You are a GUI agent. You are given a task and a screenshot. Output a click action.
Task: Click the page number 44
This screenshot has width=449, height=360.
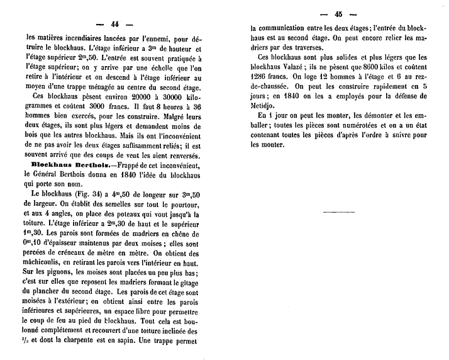(x=115, y=24)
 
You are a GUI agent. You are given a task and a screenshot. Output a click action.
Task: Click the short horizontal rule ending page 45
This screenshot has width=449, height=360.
(x=338, y=212)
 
